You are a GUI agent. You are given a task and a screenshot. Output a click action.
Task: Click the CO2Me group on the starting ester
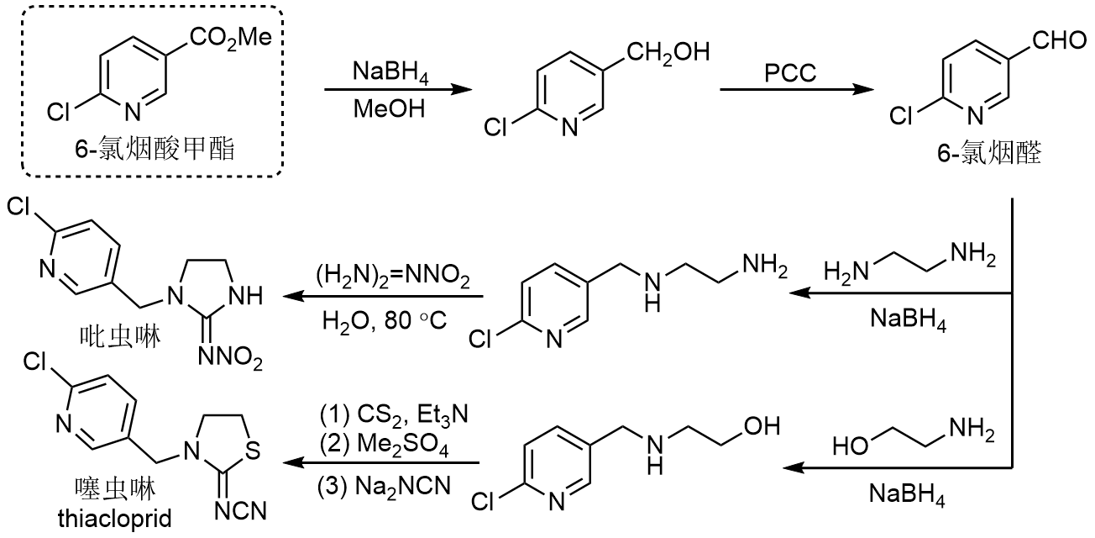click(231, 38)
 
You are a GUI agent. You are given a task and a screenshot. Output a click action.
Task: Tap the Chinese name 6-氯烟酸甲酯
click(155, 149)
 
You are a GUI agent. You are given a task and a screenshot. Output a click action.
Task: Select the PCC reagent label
click(790, 73)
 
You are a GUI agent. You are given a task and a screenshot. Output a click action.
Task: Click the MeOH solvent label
click(389, 108)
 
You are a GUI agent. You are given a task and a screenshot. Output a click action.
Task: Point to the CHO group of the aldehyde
click(1059, 40)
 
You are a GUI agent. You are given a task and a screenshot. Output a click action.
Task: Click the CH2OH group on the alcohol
click(668, 53)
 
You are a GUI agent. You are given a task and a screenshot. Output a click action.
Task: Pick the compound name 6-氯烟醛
click(989, 153)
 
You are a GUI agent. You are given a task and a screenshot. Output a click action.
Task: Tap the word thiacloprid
click(115, 519)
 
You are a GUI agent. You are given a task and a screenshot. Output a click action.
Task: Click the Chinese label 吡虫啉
click(120, 337)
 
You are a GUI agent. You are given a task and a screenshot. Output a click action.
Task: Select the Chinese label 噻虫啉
click(115, 488)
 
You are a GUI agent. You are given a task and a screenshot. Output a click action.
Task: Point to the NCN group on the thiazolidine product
click(240, 512)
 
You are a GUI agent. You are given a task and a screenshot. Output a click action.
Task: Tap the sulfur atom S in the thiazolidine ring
click(252, 451)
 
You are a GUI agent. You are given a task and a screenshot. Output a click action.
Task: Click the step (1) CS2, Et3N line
click(394, 414)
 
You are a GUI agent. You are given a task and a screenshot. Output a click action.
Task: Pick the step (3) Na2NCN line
click(384, 487)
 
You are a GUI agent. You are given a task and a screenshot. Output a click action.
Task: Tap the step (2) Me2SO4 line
click(385, 445)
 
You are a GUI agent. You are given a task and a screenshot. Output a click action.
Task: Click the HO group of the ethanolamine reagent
click(851, 446)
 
